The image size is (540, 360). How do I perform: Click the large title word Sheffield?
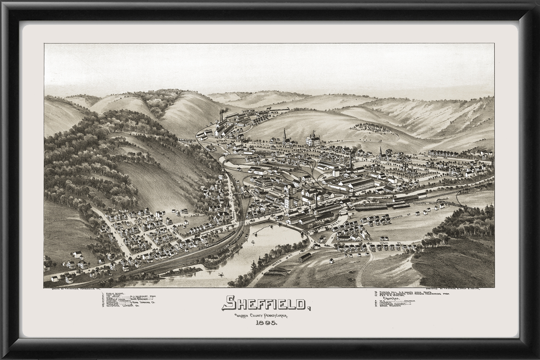[x=266, y=303]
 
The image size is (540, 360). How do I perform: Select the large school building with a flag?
[x=313, y=139]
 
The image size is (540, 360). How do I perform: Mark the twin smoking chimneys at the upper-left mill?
[x=222, y=116]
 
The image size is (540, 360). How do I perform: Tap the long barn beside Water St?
[x=305, y=257]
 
